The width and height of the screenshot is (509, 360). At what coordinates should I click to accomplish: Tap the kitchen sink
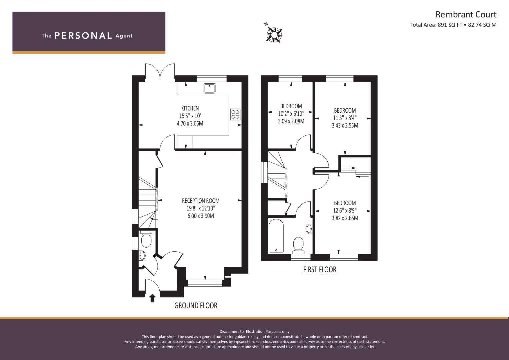pos(210,88)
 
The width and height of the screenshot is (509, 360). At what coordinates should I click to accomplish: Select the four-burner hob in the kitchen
pos(235,114)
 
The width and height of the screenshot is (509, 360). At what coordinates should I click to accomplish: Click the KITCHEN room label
pos(190,108)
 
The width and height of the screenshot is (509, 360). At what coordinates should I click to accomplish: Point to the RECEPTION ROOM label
pos(201,201)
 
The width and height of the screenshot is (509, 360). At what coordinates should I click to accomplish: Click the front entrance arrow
pos(152,298)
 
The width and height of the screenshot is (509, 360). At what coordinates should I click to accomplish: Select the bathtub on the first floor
pos(276,235)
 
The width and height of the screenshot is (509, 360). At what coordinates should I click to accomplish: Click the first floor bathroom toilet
pos(298,245)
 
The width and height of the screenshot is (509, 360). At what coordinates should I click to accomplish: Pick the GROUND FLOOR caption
pos(196,305)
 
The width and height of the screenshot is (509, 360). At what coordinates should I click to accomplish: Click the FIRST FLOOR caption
pos(319,270)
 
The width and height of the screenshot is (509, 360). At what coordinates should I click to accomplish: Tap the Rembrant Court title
pos(466,15)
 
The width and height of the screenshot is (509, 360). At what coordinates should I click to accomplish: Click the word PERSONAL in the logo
pos(83,36)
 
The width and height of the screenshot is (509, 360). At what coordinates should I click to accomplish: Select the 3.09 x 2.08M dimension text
pos(291,121)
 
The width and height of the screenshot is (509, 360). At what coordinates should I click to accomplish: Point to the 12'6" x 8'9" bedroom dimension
pos(345,210)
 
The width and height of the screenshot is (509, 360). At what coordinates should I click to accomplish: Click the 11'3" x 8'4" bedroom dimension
pos(345,118)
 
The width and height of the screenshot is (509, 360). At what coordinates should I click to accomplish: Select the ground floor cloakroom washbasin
pos(142,255)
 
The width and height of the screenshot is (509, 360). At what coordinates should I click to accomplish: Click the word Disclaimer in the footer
pos(229,332)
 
